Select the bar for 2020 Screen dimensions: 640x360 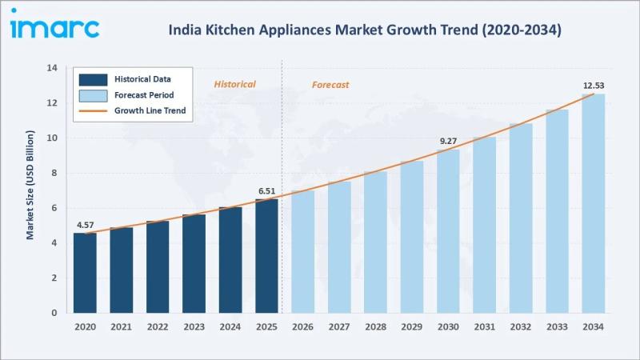tap(85, 273)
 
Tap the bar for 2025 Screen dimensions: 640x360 tap(266, 256)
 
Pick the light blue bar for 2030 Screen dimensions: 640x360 tap(448, 231)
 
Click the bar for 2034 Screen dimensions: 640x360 tap(594, 203)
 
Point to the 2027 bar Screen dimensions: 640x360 tap(339, 247)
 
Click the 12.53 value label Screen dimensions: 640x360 tap(594, 86)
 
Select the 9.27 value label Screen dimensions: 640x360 tap(448, 142)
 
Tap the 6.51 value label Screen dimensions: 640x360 tap(266, 191)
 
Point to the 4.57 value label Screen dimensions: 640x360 tap(86, 225)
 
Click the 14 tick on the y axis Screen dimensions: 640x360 tap(52, 68)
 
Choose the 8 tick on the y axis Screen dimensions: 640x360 tap(54, 173)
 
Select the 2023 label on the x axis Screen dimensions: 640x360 tap(194, 326)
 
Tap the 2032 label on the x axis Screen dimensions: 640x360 tap(521, 326)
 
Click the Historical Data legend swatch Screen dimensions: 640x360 tap(93, 79)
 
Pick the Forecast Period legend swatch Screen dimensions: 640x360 tap(93, 95)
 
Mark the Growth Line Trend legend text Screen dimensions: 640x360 tap(150, 110)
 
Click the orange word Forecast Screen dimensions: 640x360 tap(330, 85)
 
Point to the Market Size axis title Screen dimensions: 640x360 tap(30, 185)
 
